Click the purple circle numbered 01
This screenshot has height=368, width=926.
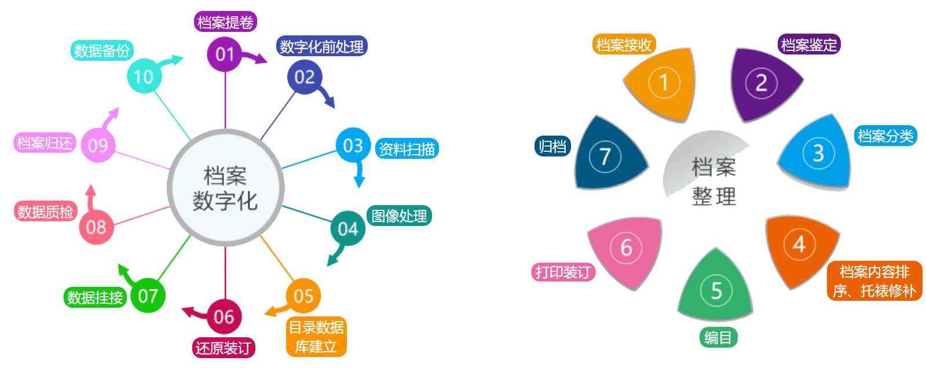click(x=224, y=54)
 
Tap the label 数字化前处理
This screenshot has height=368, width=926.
click(x=321, y=46)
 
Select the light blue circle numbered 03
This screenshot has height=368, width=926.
click(x=353, y=145)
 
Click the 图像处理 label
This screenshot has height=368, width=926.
click(x=399, y=216)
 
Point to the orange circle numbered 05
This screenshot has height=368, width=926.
click(x=303, y=296)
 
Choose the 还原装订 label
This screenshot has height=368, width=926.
click(x=223, y=348)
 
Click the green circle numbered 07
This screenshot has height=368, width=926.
click(x=148, y=296)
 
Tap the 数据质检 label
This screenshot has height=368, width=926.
click(x=45, y=212)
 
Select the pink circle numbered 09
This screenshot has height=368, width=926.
click(x=98, y=145)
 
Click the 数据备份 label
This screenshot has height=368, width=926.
click(x=102, y=50)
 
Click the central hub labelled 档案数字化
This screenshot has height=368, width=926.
click(x=225, y=188)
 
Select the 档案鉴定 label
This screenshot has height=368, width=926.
click(x=808, y=45)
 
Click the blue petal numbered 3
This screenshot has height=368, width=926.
click(x=818, y=153)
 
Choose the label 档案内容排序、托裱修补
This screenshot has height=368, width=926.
click(x=874, y=281)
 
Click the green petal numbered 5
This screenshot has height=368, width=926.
click(x=716, y=290)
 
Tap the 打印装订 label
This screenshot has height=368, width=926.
click(x=563, y=272)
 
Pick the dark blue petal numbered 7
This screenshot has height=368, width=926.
click(x=606, y=156)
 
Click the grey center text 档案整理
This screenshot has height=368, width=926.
click(x=713, y=181)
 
